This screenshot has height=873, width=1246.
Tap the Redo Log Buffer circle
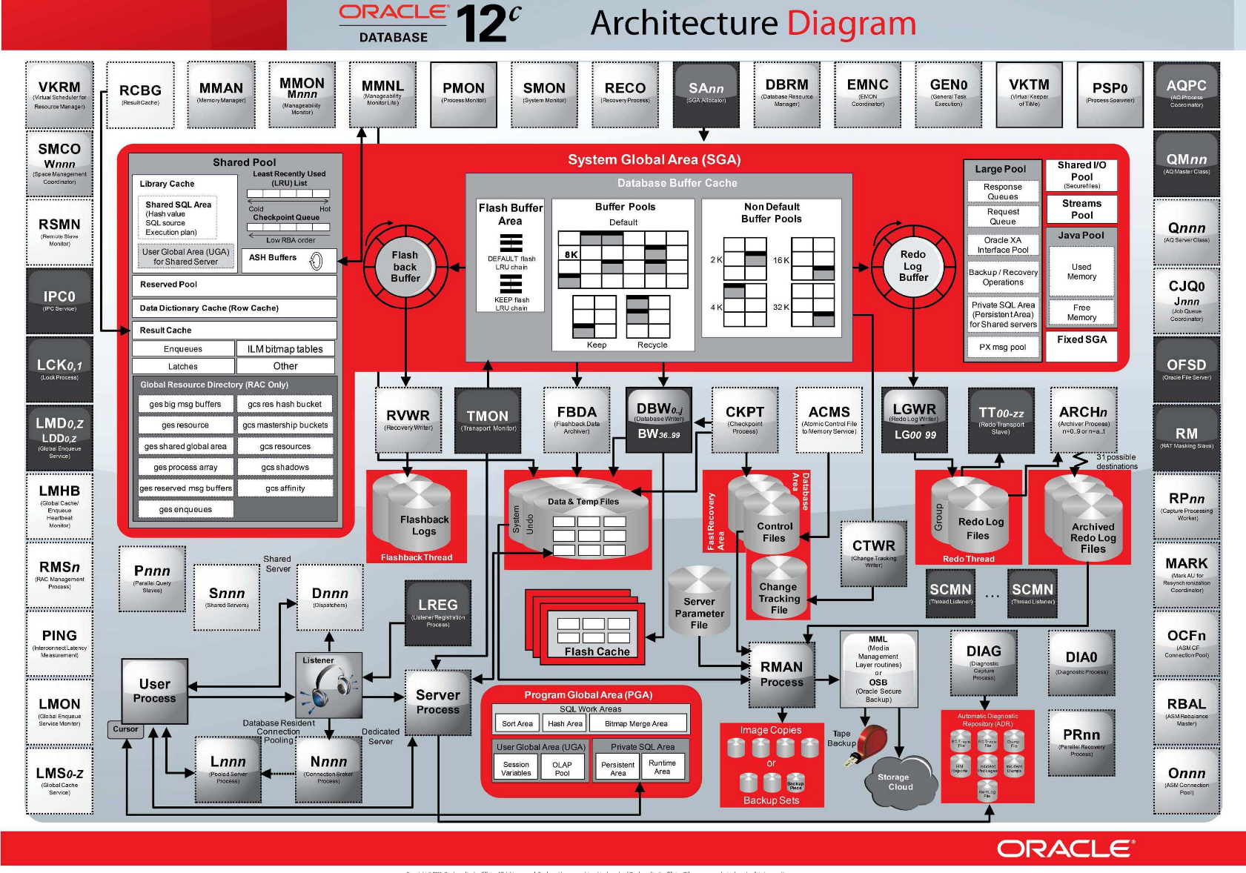pos(913,265)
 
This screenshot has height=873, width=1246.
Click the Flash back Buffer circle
pos(405,266)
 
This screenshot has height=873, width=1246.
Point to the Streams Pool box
pos(1081,209)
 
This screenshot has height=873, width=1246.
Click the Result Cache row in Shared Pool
pos(233,330)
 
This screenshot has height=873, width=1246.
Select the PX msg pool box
pos(1003,347)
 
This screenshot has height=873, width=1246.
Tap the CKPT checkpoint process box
pos(745,419)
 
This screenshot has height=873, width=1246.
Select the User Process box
pos(154,691)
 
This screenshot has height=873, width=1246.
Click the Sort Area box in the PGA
pos(517,723)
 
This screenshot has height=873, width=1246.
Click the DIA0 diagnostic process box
pos(1081,663)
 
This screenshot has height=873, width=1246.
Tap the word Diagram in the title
pos(851,24)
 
